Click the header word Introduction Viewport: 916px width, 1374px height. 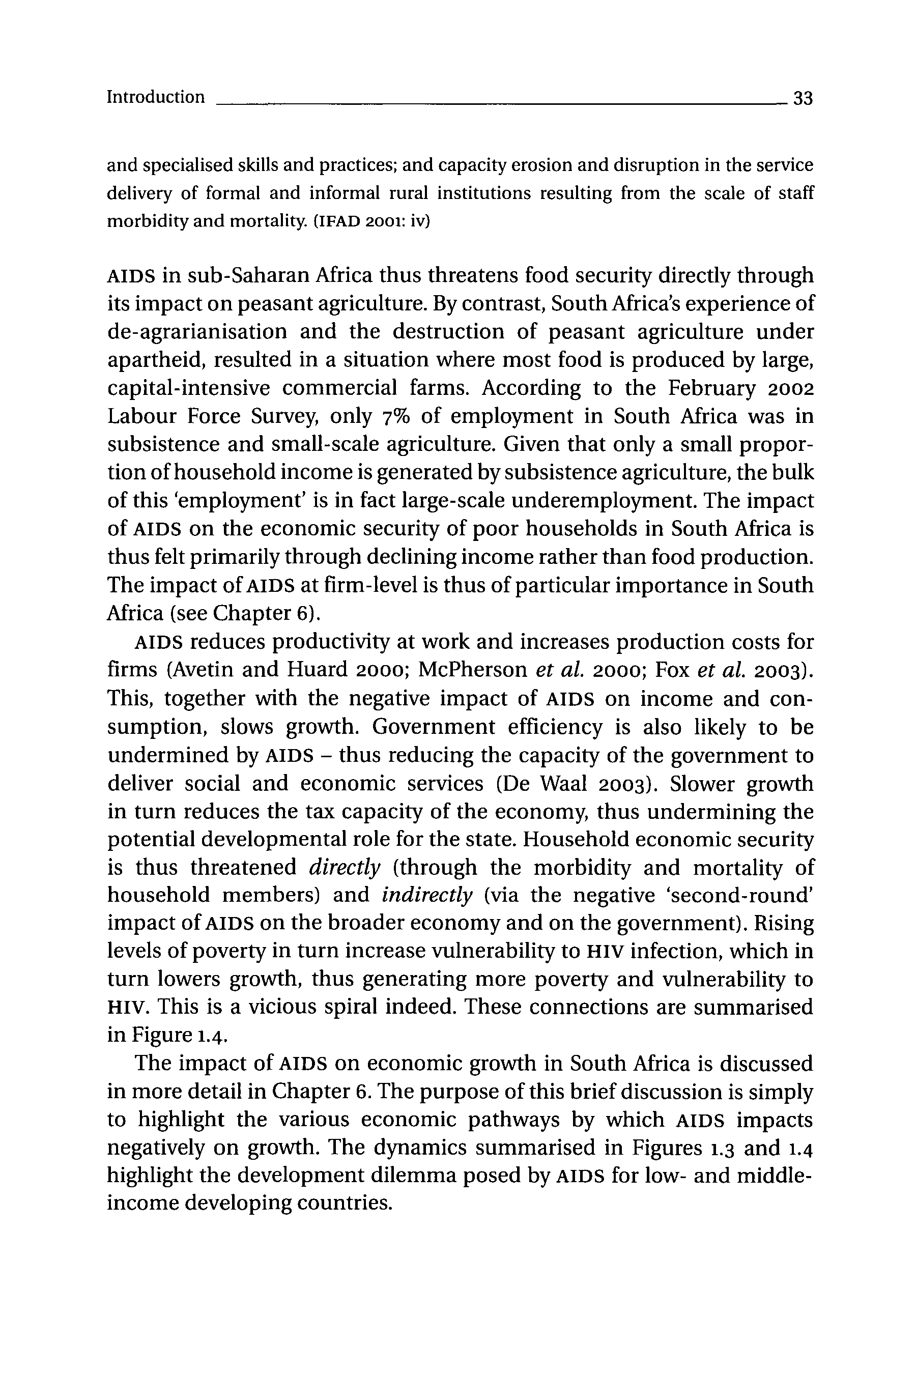[155, 97]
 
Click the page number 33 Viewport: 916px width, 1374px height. [803, 98]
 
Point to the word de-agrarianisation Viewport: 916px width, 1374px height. [197, 332]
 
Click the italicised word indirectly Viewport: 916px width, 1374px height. [426, 896]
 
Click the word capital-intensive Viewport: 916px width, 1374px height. [189, 388]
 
